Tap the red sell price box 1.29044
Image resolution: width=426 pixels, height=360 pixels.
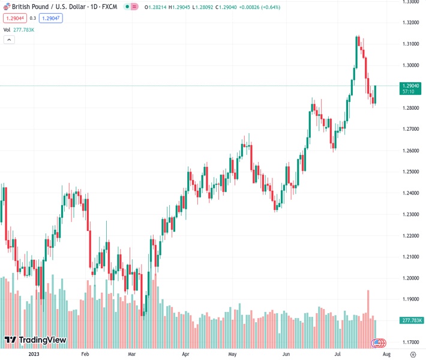(14, 18)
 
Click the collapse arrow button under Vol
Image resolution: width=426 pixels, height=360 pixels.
(9, 40)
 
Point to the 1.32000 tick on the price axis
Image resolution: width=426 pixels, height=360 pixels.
(411, 23)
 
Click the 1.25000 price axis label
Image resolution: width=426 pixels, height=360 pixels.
(411, 172)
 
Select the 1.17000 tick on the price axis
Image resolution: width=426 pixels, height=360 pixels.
(411, 342)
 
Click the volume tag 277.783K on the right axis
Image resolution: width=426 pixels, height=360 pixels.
(412, 321)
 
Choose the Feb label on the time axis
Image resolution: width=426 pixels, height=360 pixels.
(85, 355)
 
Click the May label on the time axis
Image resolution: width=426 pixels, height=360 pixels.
(233, 355)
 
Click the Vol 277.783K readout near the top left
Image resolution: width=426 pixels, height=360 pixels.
(19, 29)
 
